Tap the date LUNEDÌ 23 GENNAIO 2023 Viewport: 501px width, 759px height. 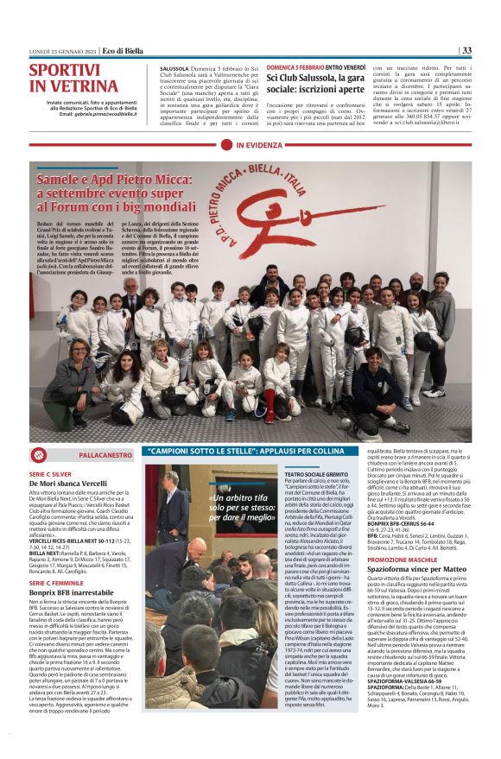57,51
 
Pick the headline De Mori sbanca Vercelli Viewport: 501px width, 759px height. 69,484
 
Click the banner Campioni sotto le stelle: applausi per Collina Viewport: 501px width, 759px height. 250,452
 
